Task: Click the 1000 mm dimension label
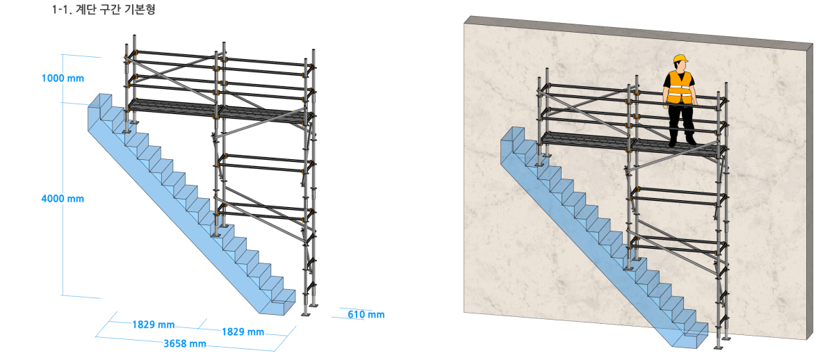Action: tap(63, 79)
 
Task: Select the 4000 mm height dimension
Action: tap(63, 199)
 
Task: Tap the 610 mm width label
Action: tap(366, 315)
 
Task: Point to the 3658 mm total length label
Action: tap(185, 343)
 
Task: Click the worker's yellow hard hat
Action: tap(680, 58)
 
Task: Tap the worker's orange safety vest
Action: tap(680, 88)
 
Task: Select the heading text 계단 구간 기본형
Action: tap(115, 9)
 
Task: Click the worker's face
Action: tap(680, 66)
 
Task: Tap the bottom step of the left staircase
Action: tap(283, 302)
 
